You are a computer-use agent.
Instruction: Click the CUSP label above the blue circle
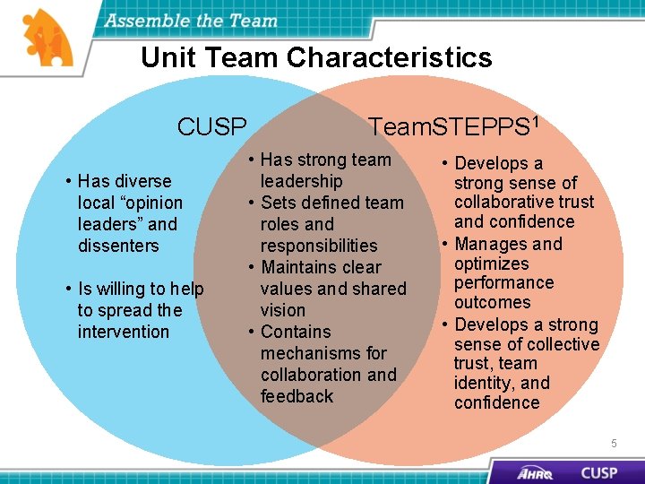[x=211, y=127]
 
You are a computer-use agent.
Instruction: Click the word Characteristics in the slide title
[x=390, y=58]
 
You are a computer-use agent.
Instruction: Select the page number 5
[x=614, y=443]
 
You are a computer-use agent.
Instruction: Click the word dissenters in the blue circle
[x=118, y=246]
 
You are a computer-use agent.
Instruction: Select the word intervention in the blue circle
[x=124, y=332]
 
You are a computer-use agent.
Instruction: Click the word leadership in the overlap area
[x=301, y=181]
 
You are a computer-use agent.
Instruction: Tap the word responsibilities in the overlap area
[x=319, y=246]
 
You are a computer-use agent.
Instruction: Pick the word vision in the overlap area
[x=283, y=310]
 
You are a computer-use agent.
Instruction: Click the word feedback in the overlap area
[x=297, y=396]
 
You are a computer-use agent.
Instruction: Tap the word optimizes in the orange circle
[x=492, y=264]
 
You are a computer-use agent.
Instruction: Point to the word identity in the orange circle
[x=483, y=384]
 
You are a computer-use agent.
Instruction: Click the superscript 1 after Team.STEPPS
[x=534, y=119]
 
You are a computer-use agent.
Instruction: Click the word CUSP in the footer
[x=598, y=472]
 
